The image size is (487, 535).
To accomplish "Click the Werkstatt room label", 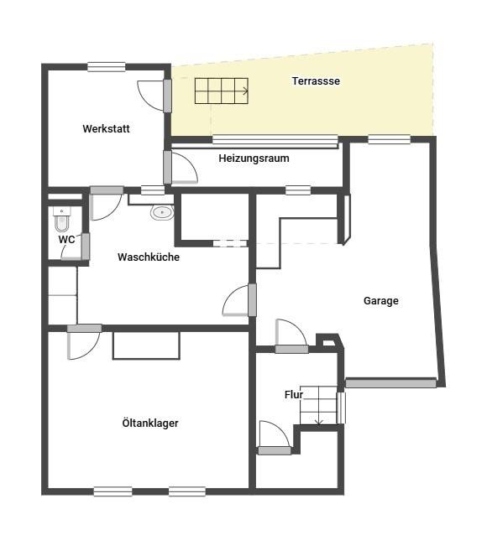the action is click(106, 129).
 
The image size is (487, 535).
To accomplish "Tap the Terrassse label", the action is click(316, 81).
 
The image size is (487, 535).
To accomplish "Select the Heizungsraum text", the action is click(254, 158).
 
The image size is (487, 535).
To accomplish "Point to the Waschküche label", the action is click(149, 257).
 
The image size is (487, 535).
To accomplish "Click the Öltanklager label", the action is click(150, 423).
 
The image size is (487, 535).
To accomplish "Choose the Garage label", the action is click(380, 301).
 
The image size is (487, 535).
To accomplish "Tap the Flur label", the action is click(294, 395).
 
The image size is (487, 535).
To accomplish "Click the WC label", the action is click(66, 240).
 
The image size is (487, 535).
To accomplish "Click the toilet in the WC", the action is click(62, 219).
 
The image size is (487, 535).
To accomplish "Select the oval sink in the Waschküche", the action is click(162, 212).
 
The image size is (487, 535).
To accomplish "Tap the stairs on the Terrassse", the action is click(222, 91).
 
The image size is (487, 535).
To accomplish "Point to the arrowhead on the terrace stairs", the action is click(245, 91).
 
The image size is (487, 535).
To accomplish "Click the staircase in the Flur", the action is click(318, 405).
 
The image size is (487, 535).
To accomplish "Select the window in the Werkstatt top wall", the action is click(107, 67).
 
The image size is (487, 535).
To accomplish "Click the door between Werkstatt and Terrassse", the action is click(167, 96).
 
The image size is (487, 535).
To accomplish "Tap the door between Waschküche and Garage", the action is click(252, 300).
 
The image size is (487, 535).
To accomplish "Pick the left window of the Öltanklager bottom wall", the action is click(113, 491).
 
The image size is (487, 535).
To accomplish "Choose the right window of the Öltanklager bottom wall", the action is click(187, 491).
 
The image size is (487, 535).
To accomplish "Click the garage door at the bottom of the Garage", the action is click(391, 383).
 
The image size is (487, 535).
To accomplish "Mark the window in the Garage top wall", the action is click(390, 139).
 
